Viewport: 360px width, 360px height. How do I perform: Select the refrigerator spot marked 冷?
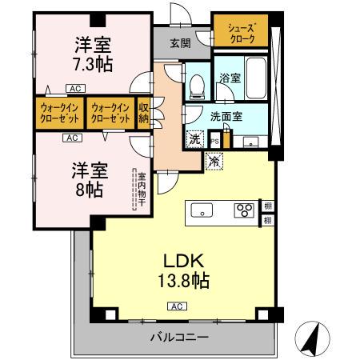(x=214, y=161)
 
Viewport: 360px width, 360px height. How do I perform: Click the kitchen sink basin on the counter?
(x=202, y=211)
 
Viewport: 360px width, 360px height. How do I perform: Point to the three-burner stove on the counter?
(x=243, y=211)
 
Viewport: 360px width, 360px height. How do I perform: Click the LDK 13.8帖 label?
(x=186, y=271)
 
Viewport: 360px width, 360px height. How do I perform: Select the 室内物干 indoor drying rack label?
(x=141, y=190)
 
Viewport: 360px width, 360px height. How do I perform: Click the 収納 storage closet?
(x=144, y=112)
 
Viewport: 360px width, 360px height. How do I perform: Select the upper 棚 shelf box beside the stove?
(x=267, y=206)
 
